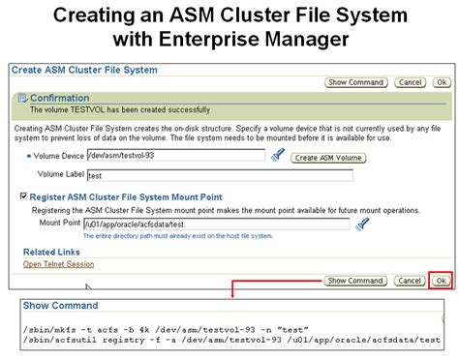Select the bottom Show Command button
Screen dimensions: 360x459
(354, 281)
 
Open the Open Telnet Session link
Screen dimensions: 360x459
(58, 263)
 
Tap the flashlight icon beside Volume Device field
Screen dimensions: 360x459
(278, 155)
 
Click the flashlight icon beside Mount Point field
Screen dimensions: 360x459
(363, 224)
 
